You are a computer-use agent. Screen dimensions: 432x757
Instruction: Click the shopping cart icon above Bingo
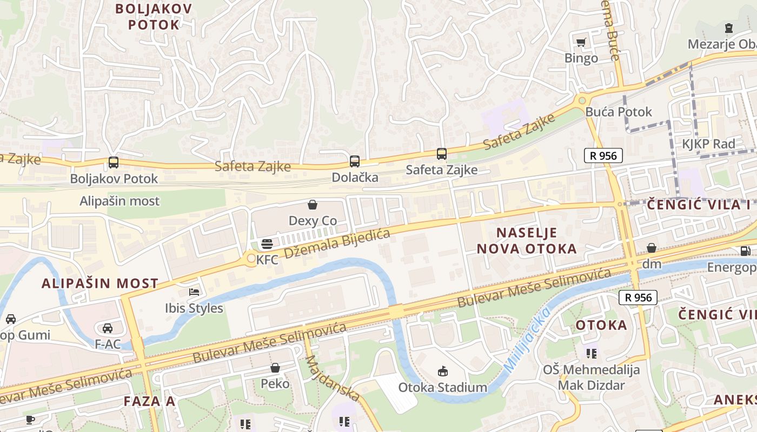pos(581,42)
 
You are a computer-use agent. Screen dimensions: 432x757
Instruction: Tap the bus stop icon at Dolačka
pos(355,161)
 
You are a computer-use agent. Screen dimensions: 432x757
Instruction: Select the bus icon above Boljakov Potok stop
pos(114,162)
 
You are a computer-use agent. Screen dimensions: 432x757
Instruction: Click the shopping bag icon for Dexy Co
pos(313,205)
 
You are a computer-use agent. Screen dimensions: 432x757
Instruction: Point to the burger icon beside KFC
pos(267,244)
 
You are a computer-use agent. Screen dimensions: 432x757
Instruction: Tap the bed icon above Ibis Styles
pos(194,292)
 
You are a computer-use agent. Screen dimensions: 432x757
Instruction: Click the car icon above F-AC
pos(108,328)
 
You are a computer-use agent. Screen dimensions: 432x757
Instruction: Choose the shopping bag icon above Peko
pos(275,368)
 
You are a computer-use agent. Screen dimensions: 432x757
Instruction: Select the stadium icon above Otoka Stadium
pos(443,371)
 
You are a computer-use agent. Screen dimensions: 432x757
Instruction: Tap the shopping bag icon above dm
pos(652,248)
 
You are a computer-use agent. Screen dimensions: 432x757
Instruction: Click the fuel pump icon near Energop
pos(745,251)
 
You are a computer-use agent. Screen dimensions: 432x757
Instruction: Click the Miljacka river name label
pos(527,340)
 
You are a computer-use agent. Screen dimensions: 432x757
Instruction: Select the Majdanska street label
pos(332,378)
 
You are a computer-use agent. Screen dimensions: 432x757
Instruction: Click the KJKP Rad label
pos(708,144)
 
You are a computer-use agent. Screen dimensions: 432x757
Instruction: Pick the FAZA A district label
pos(149,401)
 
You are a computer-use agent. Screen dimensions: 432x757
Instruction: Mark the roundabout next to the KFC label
pos(250,259)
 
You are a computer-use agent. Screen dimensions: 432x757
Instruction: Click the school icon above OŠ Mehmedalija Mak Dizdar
pos(592,354)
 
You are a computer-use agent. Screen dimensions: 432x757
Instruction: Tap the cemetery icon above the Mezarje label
pos(729,28)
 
